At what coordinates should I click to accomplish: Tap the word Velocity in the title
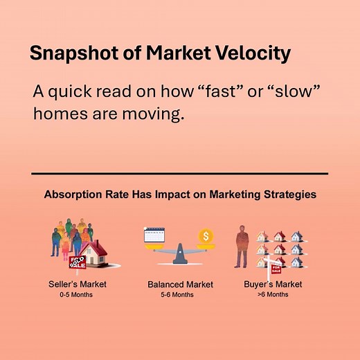pos(251,54)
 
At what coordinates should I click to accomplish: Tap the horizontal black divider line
pos(179,173)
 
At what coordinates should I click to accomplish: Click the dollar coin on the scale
pos(205,236)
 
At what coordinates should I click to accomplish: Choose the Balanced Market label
pos(180,285)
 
